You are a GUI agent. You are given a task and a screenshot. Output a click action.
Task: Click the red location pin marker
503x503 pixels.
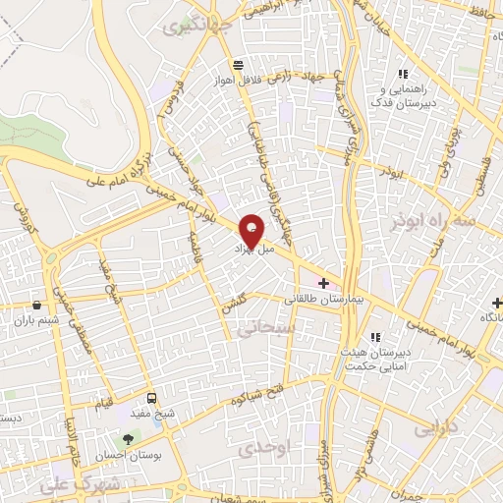point(252,230)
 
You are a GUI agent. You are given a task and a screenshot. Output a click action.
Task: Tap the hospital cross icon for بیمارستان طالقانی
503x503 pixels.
point(323,283)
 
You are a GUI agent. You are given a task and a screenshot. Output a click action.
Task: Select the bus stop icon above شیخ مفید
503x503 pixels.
point(151,398)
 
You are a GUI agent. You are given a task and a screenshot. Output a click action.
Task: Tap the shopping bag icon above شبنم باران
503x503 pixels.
point(35,305)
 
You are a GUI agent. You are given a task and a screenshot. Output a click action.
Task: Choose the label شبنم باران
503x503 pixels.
point(35,319)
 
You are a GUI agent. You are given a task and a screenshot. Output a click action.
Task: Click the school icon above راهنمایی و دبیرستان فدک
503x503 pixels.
point(402,75)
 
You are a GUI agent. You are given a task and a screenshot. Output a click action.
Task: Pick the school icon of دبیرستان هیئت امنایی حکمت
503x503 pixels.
point(373,338)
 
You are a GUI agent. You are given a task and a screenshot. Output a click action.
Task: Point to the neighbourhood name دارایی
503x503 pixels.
point(437,429)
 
